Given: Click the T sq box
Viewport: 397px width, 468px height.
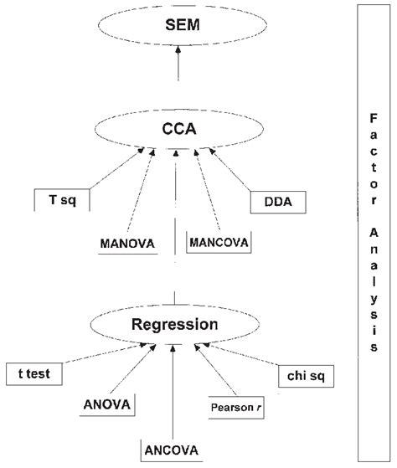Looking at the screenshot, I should click(60, 200).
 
